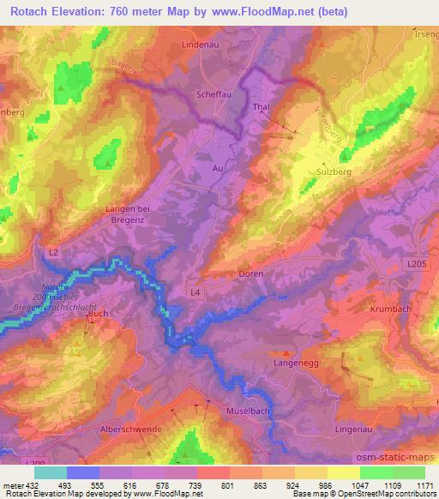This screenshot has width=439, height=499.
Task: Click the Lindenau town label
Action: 201,43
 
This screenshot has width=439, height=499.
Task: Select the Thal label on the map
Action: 262,107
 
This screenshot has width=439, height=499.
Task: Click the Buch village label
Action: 97,316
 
